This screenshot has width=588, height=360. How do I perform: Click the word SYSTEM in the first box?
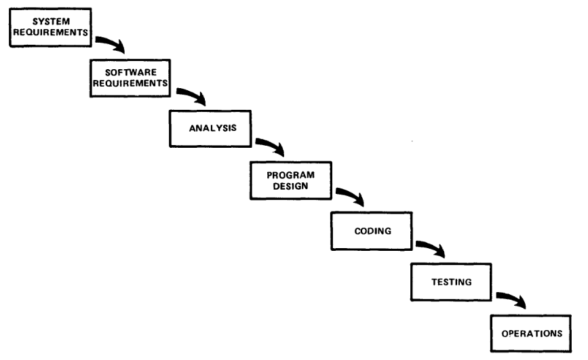tap(51, 22)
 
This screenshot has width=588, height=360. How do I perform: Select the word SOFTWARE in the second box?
tap(131, 73)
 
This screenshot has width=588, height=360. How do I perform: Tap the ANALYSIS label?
tap(213, 128)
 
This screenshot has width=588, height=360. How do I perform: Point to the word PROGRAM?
tap(291, 175)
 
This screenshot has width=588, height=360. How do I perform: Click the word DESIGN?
tap(291, 186)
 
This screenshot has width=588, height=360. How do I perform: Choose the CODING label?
tap(373, 231)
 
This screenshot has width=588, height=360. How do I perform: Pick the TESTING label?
tap(452, 282)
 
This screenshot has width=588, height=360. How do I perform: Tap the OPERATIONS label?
tap(532, 334)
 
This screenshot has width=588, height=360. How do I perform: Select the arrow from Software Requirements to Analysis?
tap(193, 94)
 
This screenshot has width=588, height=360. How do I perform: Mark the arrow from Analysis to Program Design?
tap(271, 144)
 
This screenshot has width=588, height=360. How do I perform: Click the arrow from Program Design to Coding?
tap(351, 195)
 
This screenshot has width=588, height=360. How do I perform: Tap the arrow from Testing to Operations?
tap(512, 298)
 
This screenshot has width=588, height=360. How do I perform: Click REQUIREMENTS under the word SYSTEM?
tap(51, 33)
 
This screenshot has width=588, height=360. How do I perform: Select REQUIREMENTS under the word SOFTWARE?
tap(130, 83)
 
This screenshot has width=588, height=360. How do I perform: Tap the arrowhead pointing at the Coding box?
tap(359, 199)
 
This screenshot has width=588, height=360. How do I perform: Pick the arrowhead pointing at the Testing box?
tap(440, 251)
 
